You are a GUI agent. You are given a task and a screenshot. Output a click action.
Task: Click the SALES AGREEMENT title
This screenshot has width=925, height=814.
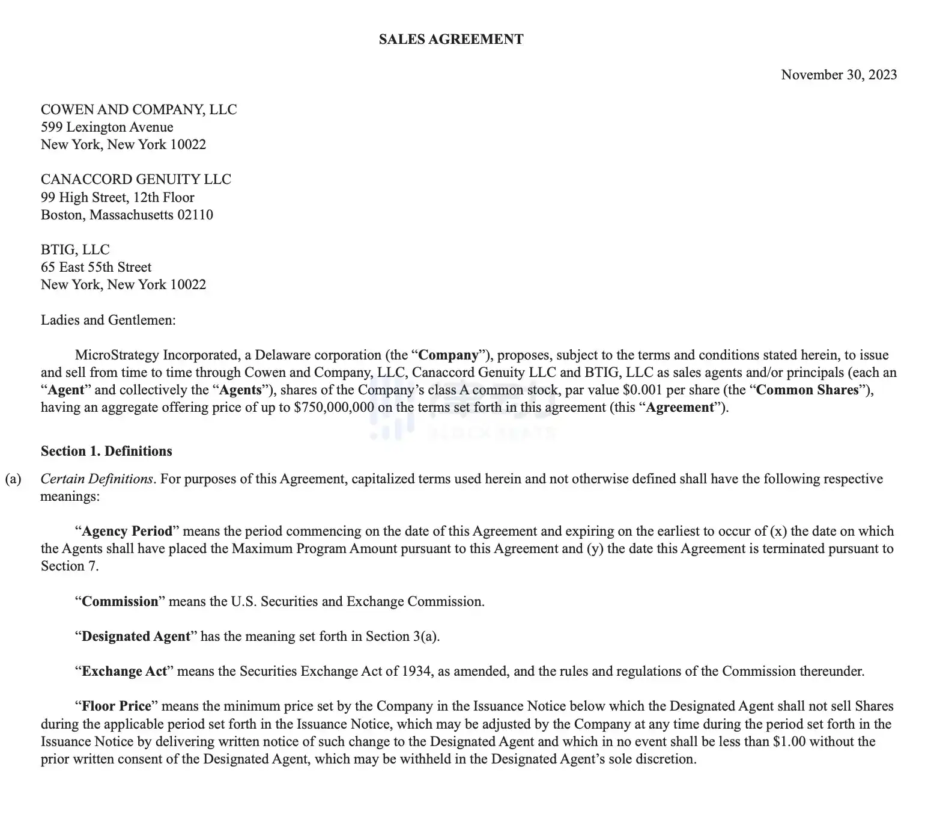(x=451, y=40)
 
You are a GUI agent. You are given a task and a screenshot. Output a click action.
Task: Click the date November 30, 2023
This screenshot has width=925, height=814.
(x=839, y=75)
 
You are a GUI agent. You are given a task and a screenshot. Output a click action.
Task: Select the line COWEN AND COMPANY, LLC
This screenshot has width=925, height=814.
(x=139, y=109)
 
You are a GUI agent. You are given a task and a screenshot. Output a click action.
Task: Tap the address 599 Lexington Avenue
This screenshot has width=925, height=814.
(x=107, y=127)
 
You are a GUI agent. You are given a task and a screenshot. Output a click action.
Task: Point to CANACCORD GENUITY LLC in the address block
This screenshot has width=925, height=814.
(x=136, y=180)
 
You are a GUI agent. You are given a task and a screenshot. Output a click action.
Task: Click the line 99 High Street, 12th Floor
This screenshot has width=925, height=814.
(x=118, y=197)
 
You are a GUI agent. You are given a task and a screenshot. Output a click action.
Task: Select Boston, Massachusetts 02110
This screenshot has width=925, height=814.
(x=127, y=215)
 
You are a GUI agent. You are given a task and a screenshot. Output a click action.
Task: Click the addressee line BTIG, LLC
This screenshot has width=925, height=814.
(x=75, y=249)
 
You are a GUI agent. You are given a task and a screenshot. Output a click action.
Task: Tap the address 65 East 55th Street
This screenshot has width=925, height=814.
(x=96, y=267)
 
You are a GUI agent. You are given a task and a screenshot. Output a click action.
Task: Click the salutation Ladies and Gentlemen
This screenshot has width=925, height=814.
(x=108, y=320)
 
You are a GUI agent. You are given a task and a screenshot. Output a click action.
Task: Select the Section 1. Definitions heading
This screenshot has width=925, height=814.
(x=106, y=451)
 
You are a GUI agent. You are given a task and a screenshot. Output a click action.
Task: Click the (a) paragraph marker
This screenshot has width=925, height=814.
(x=13, y=479)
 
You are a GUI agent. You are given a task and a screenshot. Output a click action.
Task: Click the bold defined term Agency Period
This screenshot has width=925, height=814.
(x=127, y=531)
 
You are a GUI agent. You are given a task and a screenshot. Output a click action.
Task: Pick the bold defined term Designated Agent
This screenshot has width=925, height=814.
(x=136, y=637)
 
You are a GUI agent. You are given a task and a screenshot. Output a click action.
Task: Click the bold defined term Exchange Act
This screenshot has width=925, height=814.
(x=124, y=672)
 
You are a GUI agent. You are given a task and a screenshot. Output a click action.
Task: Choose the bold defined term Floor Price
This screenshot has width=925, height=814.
(x=117, y=706)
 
